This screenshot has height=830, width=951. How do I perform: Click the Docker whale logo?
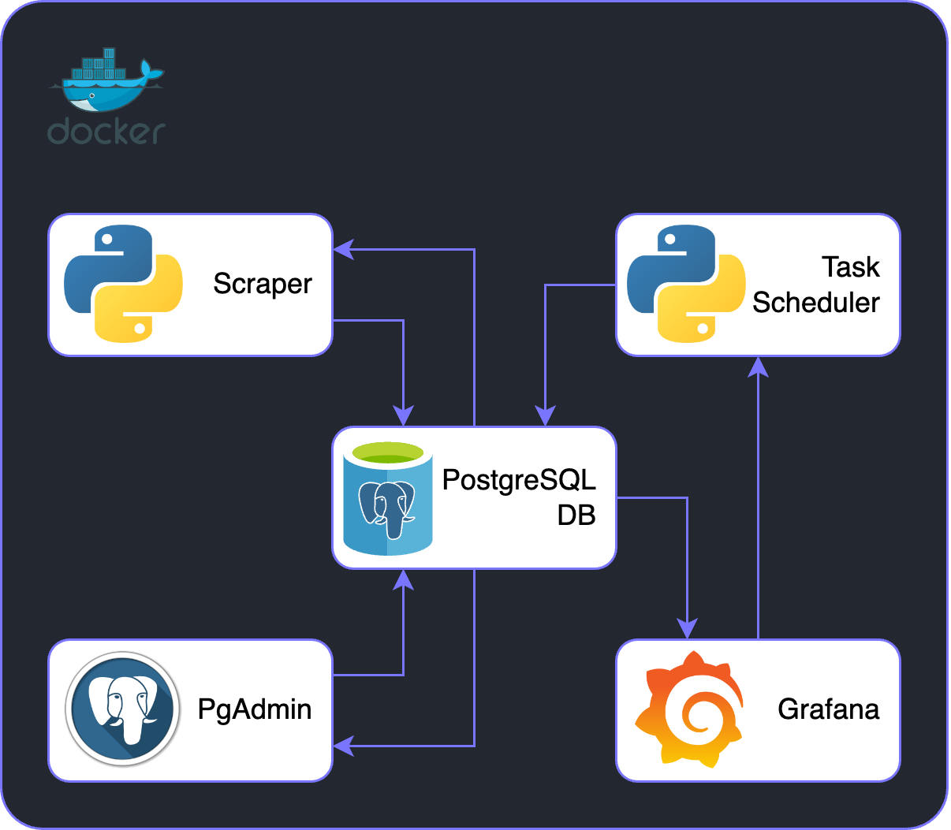106,82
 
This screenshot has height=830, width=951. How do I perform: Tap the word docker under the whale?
106,132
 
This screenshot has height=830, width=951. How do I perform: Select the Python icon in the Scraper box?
123,284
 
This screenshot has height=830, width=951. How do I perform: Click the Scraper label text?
263,284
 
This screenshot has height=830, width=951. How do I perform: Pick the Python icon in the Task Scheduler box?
686,284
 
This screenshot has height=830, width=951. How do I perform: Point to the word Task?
850,267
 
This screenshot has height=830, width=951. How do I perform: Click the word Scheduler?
815,303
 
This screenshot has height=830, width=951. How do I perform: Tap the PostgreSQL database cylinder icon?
388,498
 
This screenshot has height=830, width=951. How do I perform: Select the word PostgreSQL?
519,480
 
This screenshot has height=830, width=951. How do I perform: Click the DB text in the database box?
576,515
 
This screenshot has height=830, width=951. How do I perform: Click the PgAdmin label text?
254,709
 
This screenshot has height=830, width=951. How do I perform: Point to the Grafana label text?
828,709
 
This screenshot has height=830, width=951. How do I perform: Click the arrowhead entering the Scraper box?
342,250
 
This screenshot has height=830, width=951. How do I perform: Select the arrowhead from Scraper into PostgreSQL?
404,417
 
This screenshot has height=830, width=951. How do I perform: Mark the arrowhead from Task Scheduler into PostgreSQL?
546,417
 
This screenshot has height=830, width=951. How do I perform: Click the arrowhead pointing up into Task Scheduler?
758,366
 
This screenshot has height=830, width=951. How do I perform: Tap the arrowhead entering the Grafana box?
688,629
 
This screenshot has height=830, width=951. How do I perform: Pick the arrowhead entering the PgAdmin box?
342,746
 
